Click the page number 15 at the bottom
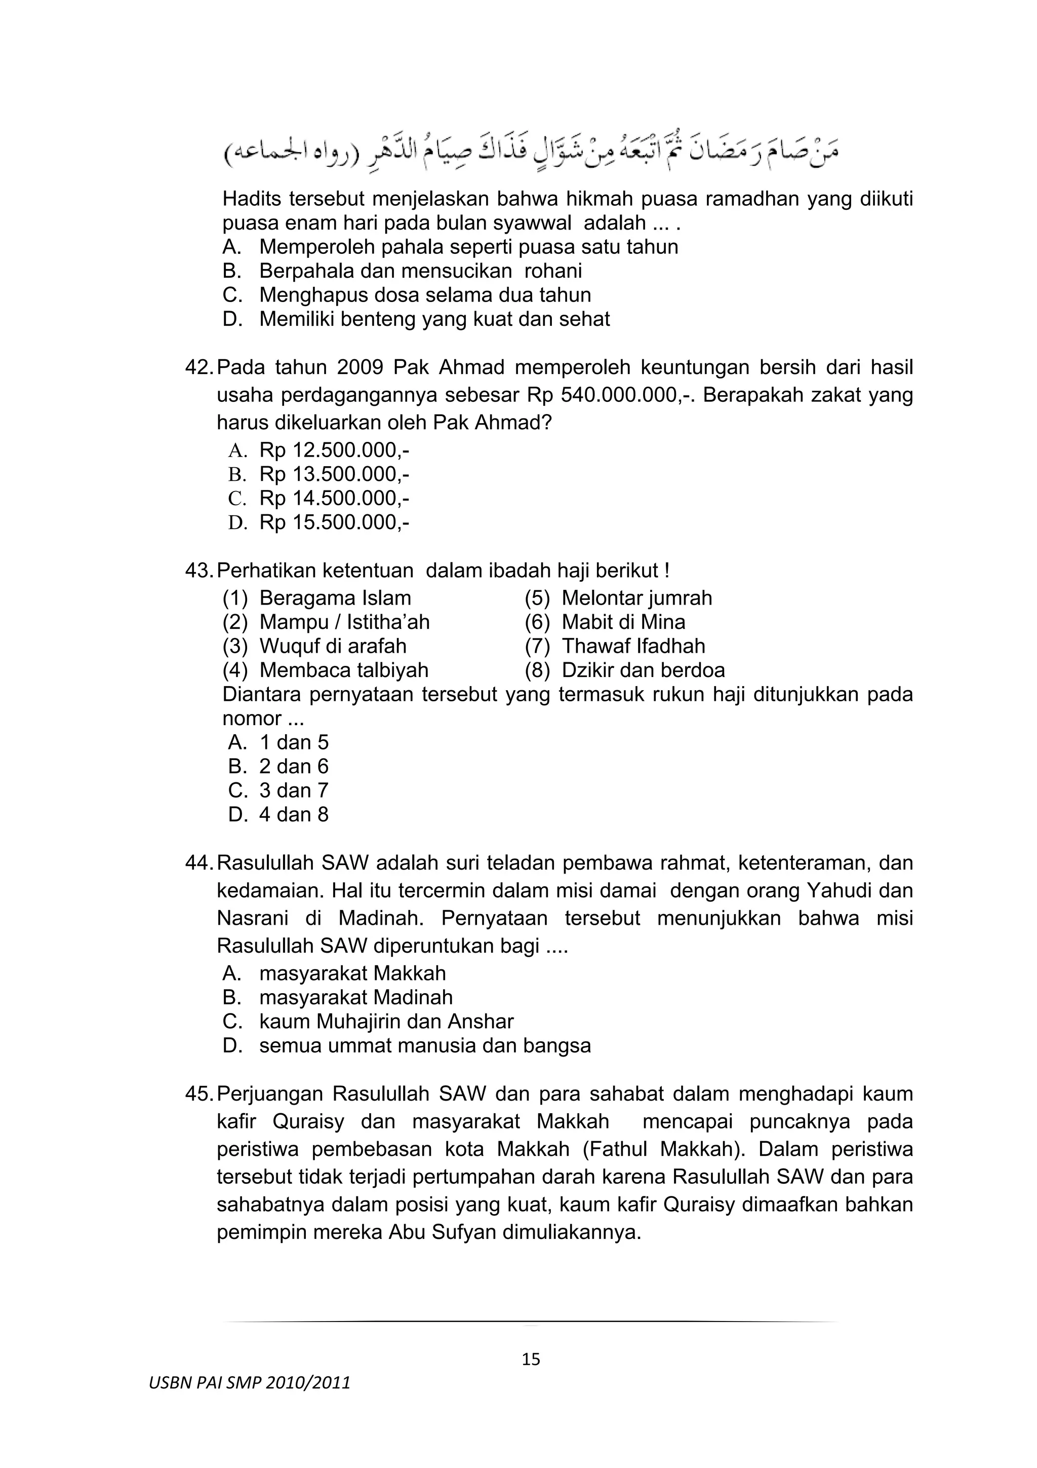pos(531,1359)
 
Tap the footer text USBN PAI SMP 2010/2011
pos(250,1383)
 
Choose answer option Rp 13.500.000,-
pos(334,474)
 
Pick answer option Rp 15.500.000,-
pos(334,522)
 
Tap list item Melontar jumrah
pos(636,598)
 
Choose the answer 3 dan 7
pos(293,791)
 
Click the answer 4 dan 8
pos(293,814)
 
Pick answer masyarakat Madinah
pos(356,997)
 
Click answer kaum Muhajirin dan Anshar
pos(386,1022)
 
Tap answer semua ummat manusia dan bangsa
pos(425,1046)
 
